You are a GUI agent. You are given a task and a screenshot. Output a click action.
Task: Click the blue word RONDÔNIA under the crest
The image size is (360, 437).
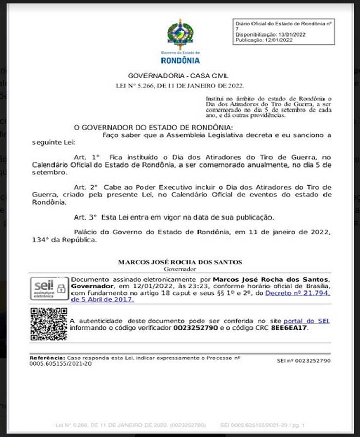pos(180,60)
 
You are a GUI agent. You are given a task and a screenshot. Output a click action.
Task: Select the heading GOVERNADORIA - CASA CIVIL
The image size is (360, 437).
pos(179,75)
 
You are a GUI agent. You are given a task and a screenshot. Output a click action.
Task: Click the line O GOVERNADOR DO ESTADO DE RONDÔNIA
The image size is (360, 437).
pos(153,127)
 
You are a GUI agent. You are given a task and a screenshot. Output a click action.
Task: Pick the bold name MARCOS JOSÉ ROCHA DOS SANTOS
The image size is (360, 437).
pos(180,262)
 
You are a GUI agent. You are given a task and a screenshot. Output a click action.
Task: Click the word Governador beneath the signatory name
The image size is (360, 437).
pos(180,268)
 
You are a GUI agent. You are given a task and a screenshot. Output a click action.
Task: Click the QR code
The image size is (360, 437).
pos(48,324)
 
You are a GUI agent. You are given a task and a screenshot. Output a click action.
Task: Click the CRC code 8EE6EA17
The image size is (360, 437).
pos(289,327)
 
